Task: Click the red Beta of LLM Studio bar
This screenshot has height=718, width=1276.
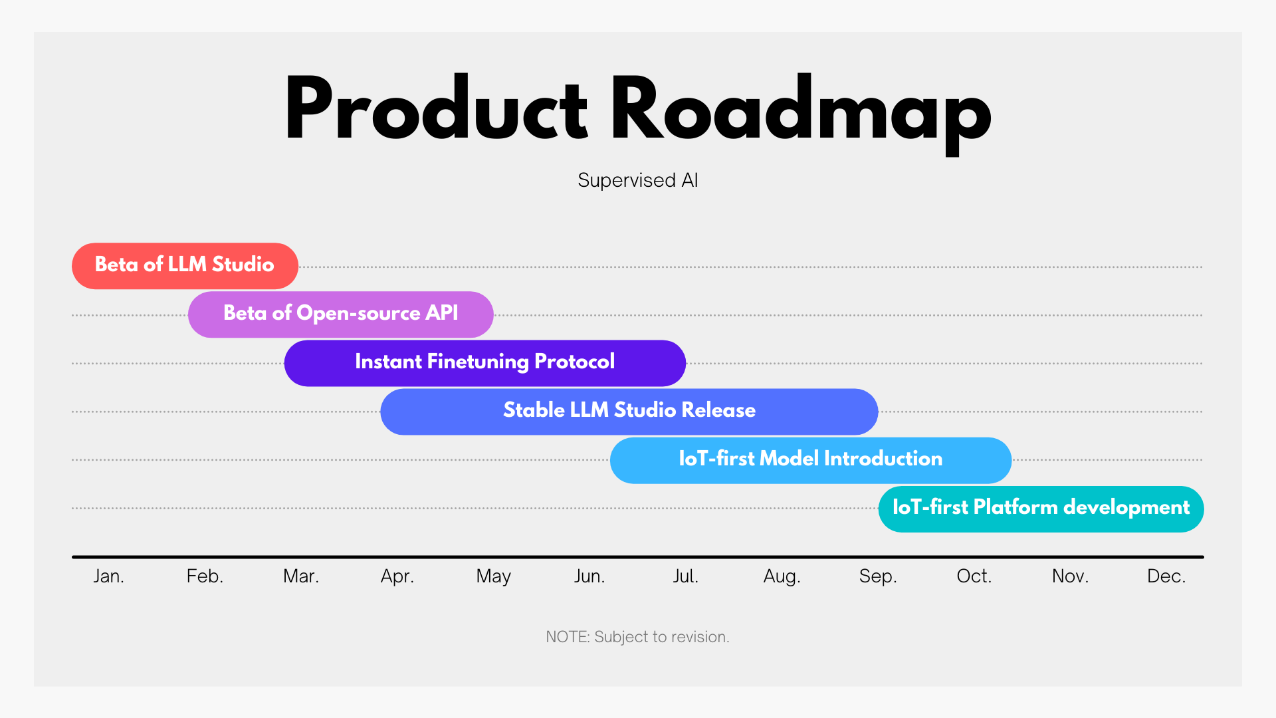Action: (x=185, y=266)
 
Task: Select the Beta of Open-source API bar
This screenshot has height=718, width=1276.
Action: (x=341, y=314)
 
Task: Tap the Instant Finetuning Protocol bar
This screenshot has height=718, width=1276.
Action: (x=485, y=363)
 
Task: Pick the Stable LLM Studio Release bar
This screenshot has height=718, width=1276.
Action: (x=629, y=412)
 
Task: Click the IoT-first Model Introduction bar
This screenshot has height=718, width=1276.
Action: (x=811, y=460)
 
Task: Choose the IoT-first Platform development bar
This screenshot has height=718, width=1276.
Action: (x=1041, y=509)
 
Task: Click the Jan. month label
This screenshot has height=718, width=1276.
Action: (x=109, y=576)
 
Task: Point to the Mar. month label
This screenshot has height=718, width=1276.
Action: (x=301, y=576)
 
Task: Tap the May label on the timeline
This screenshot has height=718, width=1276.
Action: (x=494, y=576)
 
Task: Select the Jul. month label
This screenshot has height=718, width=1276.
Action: (x=686, y=576)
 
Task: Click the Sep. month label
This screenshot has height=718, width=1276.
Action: (x=878, y=576)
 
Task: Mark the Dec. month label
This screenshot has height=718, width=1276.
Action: (x=1166, y=576)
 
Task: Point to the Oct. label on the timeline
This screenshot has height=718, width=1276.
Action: (x=974, y=576)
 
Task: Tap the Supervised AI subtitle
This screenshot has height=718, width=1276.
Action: (x=638, y=180)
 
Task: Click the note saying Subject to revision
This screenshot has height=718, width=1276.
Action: (x=638, y=637)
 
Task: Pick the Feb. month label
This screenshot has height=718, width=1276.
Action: (x=205, y=576)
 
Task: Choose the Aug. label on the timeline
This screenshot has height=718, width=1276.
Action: (x=782, y=576)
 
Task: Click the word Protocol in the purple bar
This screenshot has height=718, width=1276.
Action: (x=575, y=361)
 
